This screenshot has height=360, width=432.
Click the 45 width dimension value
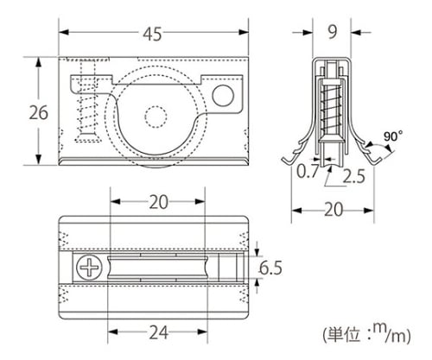[x=153, y=35]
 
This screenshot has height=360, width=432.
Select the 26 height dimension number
[x=39, y=112]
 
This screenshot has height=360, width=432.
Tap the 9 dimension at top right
[x=332, y=32]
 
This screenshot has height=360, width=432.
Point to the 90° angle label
[x=393, y=136]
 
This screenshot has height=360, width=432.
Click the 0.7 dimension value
[x=308, y=171]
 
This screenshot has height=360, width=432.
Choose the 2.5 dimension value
[x=353, y=176]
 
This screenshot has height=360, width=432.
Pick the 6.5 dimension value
[x=270, y=268]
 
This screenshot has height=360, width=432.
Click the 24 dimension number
[x=158, y=332]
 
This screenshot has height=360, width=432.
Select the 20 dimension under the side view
[x=334, y=210]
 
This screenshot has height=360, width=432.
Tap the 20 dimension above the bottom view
[x=158, y=202]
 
